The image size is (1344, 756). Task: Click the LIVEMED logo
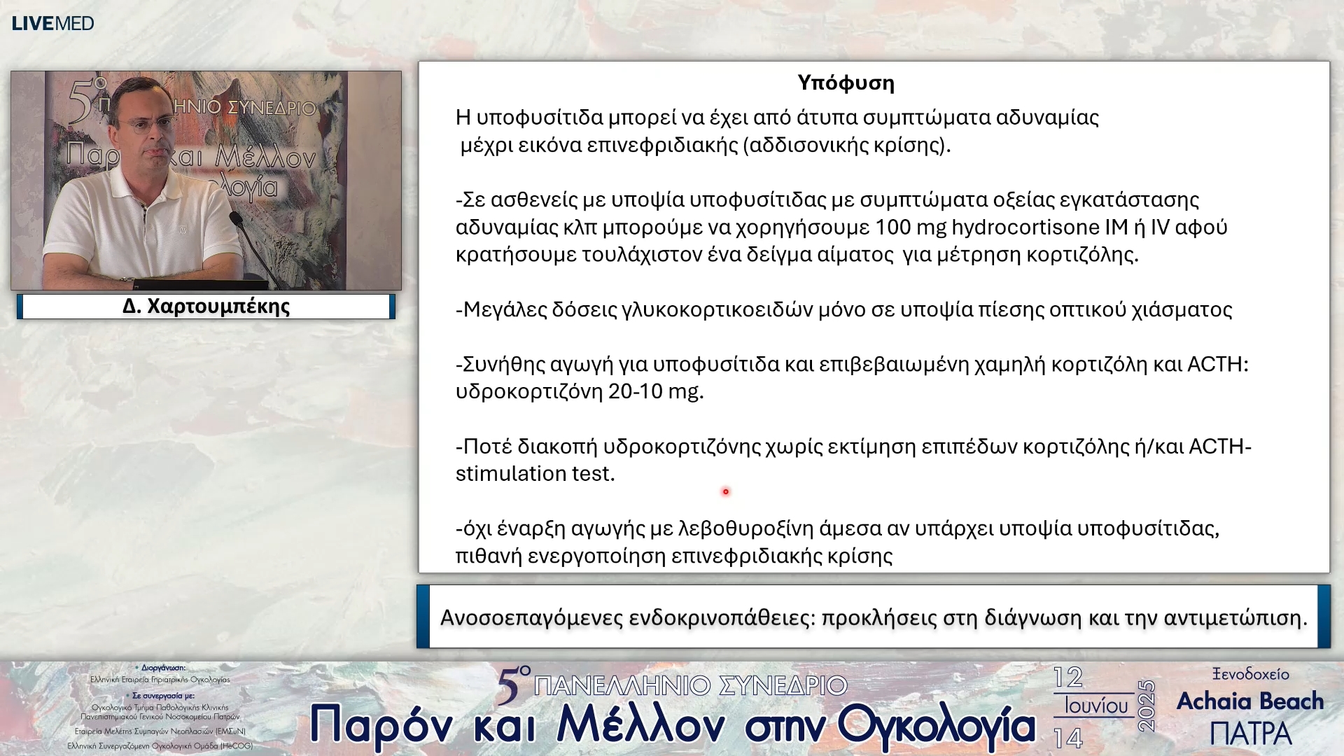pyautogui.click(x=52, y=23)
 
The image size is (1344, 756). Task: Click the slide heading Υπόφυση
pyautogui.click(x=846, y=83)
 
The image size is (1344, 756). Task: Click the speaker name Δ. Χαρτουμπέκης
pyautogui.click(x=206, y=307)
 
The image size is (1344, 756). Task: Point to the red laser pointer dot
pyautogui.click(x=726, y=491)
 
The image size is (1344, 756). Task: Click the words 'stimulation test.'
pyautogui.click(x=535, y=474)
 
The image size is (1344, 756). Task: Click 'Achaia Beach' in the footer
pyautogui.click(x=1250, y=701)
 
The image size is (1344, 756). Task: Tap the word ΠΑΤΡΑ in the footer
pyautogui.click(x=1250, y=734)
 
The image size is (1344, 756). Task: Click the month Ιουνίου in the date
pyautogui.click(x=1096, y=706)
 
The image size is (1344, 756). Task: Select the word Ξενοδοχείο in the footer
pyautogui.click(x=1250, y=674)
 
